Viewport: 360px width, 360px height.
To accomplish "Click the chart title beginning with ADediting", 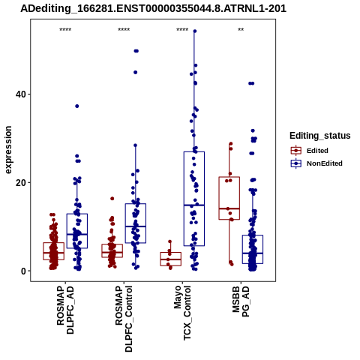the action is [153, 9].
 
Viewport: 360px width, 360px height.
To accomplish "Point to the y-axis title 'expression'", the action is [8, 150].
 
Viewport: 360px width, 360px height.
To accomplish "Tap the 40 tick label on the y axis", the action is [20, 94].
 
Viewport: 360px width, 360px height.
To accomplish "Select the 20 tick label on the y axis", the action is [20, 183].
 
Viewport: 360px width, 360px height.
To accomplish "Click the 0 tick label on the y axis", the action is [23, 271].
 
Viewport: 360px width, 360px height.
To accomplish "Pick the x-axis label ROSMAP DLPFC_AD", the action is [65, 310].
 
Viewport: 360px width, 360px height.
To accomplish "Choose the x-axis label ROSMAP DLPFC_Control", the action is [124, 319].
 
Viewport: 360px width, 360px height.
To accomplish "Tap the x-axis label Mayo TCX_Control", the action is [182, 313].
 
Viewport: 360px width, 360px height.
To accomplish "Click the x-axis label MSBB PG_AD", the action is [241, 301].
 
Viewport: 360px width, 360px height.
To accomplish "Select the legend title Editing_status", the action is [320, 136].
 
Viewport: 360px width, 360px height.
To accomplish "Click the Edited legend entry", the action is [309, 151].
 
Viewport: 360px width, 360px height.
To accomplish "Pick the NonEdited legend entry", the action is [316, 163].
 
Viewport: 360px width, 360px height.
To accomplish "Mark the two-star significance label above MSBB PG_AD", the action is [241, 30].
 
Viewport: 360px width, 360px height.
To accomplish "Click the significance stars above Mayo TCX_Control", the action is [182, 30].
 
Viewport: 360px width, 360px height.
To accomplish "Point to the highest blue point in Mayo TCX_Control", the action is [195, 31].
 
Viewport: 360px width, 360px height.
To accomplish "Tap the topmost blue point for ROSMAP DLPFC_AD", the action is [77, 106].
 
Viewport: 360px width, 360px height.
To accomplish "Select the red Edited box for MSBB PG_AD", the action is [229, 198].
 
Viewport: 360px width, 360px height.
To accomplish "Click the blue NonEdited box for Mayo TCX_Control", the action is [194, 199].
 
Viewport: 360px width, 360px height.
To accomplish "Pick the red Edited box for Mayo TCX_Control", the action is [171, 259].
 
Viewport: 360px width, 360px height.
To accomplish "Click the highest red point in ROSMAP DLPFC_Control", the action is [112, 199].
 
